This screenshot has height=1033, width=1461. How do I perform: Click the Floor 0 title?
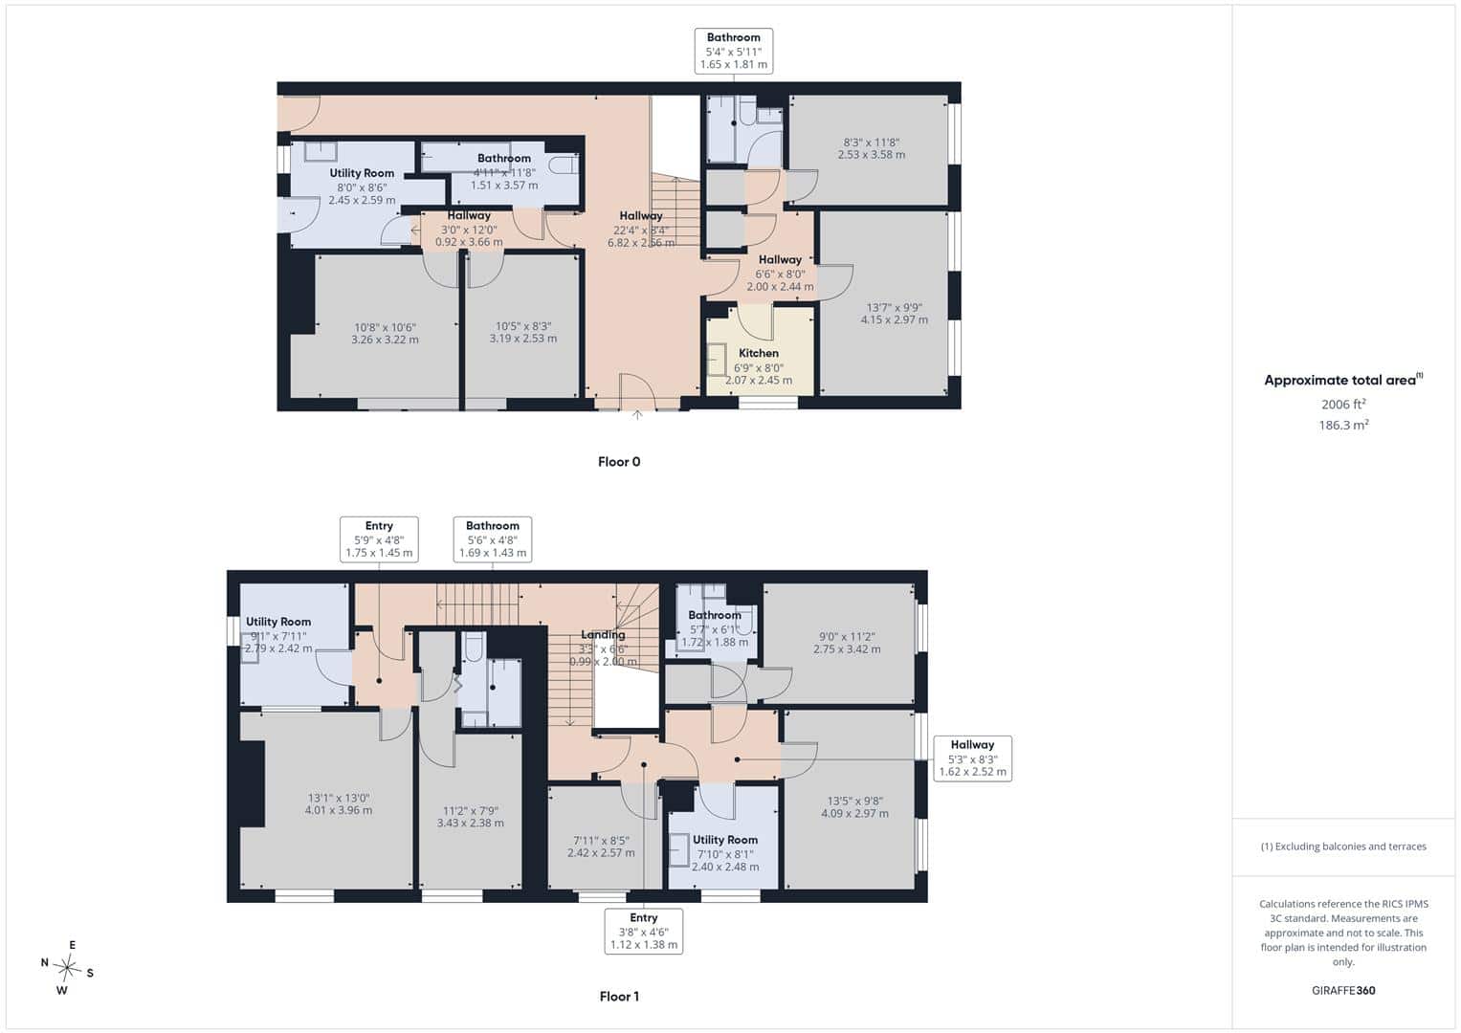(619, 462)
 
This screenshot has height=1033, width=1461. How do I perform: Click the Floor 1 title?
(619, 996)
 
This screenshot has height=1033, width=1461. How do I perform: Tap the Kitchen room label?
(759, 353)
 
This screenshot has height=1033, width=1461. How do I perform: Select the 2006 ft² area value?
(1343, 404)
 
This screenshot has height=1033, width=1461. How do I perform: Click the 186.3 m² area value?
(1343, 425)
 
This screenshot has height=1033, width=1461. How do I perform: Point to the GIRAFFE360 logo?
(1343, 990)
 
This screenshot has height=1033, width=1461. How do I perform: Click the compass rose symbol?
(67, 968)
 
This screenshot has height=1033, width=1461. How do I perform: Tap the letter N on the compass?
(44, 962)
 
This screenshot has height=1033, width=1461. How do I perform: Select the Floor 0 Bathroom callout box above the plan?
(734, 51)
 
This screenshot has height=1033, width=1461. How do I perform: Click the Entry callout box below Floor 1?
(644, 932)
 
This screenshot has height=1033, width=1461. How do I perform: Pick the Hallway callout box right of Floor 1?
(972, 758)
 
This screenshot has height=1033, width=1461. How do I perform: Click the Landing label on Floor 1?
(603, 634)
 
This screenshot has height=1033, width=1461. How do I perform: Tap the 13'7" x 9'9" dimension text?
(895, 307)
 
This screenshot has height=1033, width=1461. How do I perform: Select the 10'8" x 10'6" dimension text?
(385, 327)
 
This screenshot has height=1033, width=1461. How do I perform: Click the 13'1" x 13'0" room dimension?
(339, 798)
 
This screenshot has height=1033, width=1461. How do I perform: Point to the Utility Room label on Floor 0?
(362, 173)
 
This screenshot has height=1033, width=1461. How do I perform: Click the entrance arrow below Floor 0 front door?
(637, 415)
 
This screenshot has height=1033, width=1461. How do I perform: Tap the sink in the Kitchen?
(717, 360)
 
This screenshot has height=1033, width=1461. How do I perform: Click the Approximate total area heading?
(1343, 380)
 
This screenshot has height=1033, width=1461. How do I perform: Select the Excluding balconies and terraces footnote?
(1343, 846)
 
